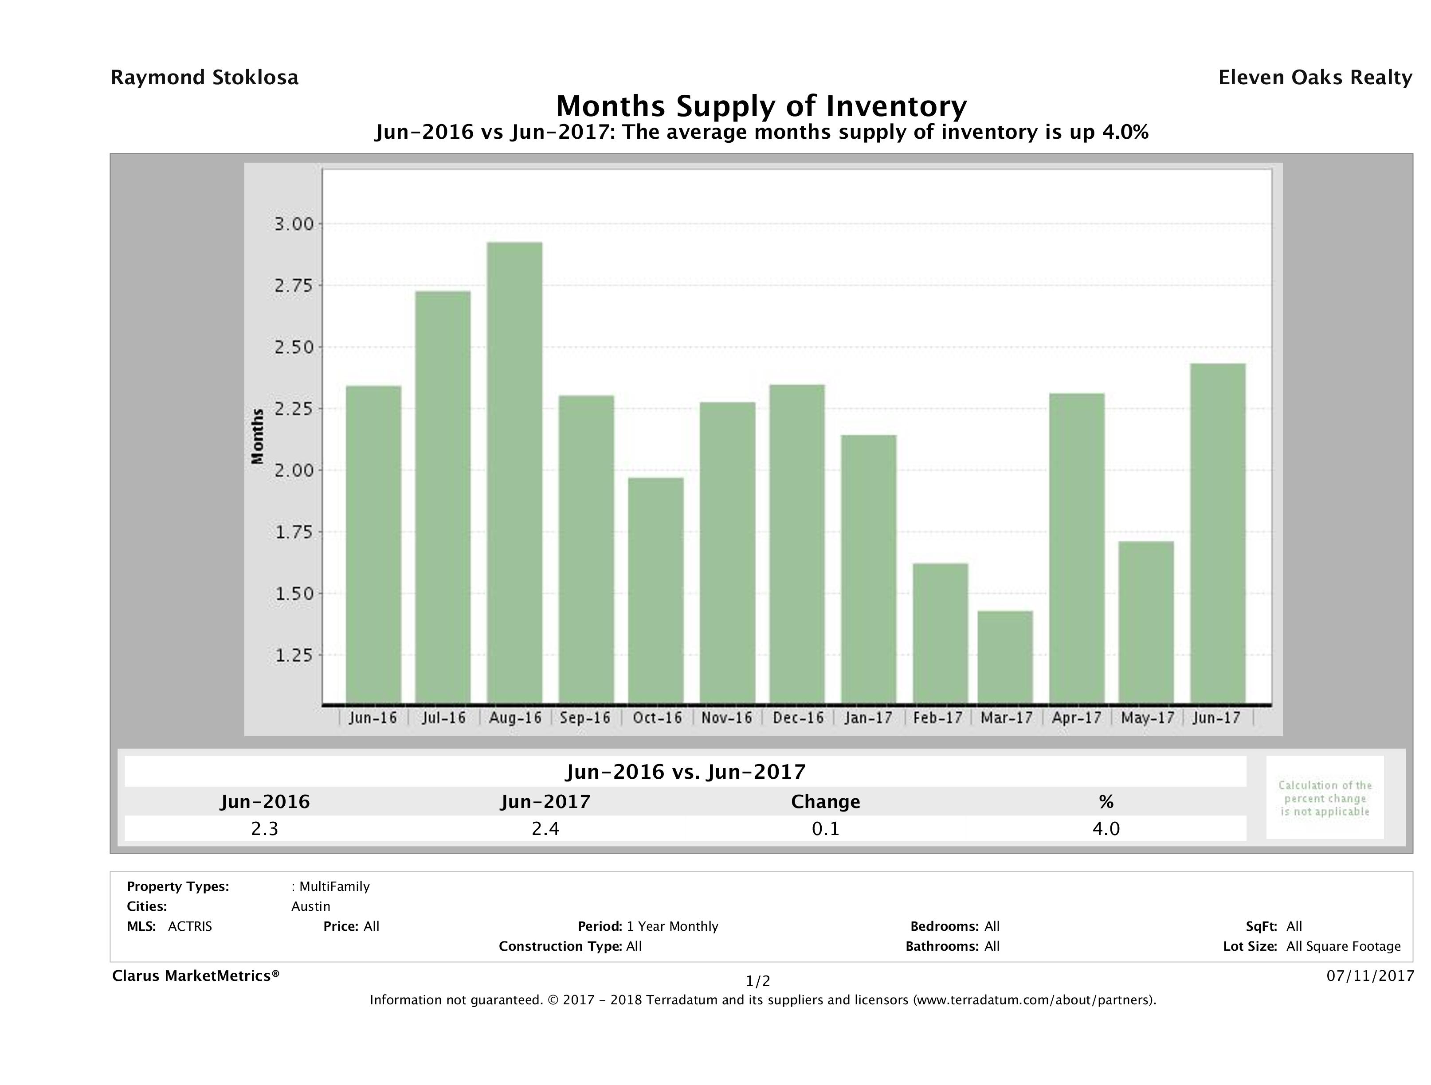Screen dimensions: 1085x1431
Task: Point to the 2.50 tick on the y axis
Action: click(294, 347)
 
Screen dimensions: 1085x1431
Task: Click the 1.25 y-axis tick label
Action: click(294, 656)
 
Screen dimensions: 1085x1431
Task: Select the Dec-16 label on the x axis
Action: click(798, 718)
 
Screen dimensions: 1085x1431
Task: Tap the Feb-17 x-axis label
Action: click(938, 718)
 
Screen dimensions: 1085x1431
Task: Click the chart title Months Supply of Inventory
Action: click(761, 106)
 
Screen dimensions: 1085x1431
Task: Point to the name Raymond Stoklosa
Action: click(204, 78)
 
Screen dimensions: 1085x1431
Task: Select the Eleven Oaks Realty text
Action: click(1314, 78)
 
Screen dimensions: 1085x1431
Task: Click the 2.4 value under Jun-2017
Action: click(545, 828)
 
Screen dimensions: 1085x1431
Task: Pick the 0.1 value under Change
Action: click(826, 828)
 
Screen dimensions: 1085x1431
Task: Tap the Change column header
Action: click(826, 802)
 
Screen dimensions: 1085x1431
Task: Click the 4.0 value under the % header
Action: click(1106, 828)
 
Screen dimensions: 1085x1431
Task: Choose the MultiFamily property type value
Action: click(334, 886)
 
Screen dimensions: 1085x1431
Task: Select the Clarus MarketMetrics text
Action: click(196, 976)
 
